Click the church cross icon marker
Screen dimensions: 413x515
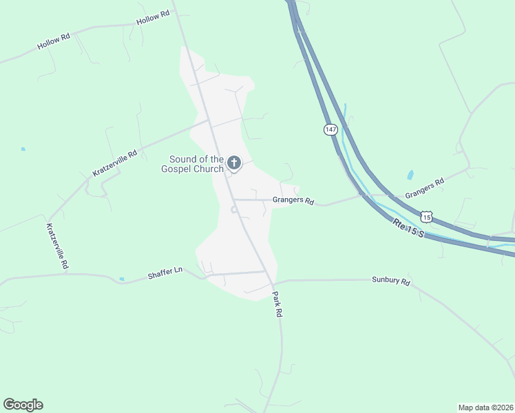(234, 163)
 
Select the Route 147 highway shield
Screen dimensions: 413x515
(331, 129)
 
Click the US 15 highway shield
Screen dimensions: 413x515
(427, 217)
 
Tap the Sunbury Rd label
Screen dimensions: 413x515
(390, 281)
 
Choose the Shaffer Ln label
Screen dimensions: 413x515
(165, 274)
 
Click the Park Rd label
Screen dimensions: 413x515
(277, 303)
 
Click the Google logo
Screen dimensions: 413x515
(23, 405)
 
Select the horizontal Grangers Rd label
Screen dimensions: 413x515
(293, 202)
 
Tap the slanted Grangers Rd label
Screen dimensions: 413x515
(424, 187)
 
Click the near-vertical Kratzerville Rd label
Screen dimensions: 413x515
(57, 245)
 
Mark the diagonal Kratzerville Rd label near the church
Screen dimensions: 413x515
(115, 163)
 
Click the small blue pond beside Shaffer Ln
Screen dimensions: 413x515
(122, 279)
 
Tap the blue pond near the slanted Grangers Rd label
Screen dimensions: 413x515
(410, 175)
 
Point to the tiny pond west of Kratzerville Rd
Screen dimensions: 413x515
(23, 149)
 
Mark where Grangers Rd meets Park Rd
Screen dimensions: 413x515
(233, 200)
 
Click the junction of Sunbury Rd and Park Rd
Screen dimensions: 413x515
(273, 282)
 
